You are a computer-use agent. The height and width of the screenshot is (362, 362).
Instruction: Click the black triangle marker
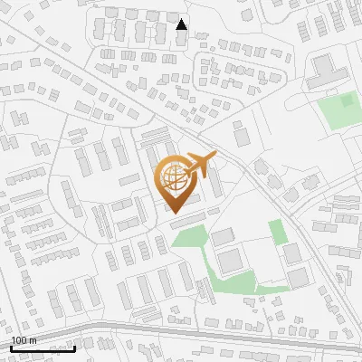point(182,24)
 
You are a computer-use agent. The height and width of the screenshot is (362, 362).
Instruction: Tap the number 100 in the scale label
point(20,340)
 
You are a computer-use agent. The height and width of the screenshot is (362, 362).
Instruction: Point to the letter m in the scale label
point(33,340)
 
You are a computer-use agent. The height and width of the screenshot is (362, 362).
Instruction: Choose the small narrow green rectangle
point(279,232)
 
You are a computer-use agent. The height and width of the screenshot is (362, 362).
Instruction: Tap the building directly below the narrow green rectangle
point(292,253)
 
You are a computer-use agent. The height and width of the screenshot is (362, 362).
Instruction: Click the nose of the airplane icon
point(215,157)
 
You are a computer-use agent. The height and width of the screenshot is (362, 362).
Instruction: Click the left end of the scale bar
point(11,348)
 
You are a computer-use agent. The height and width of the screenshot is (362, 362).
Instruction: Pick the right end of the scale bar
point(74,348)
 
